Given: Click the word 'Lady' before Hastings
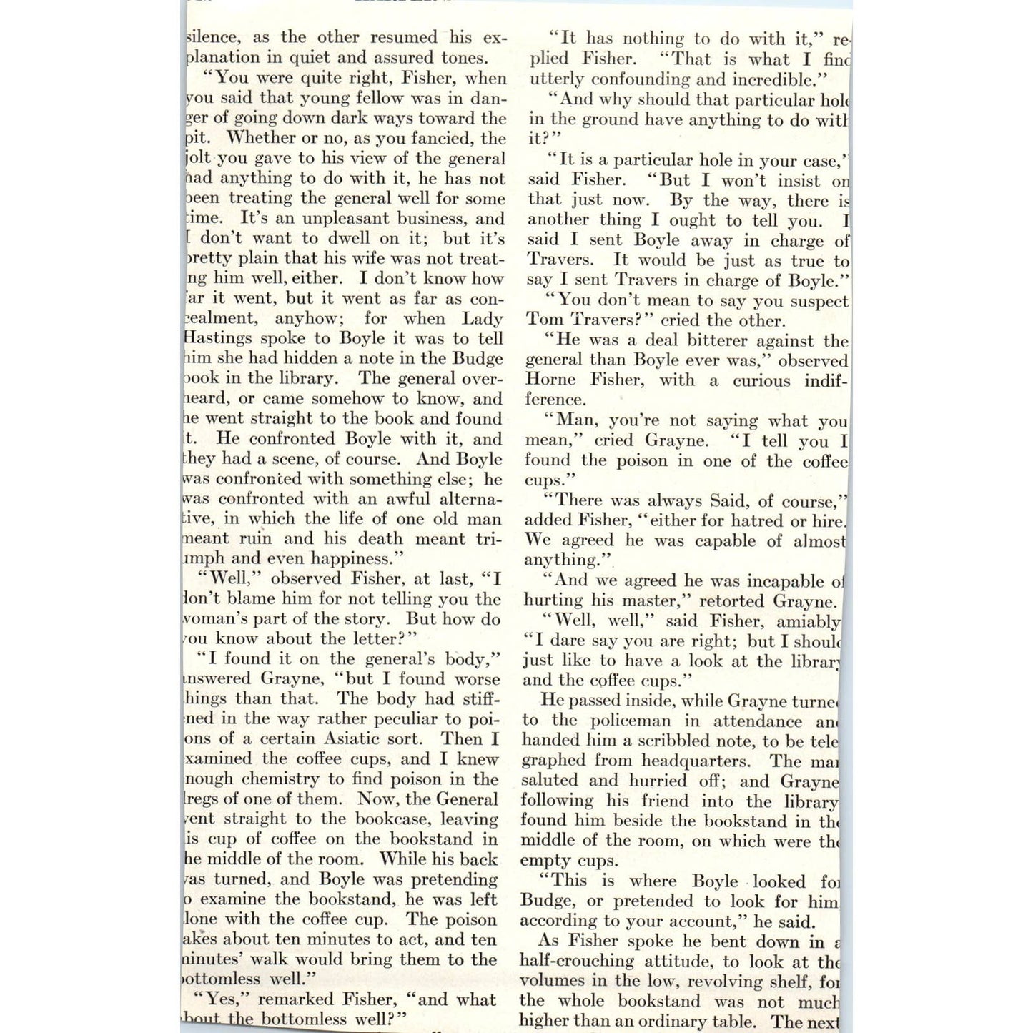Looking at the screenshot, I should (x=484, y=318).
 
